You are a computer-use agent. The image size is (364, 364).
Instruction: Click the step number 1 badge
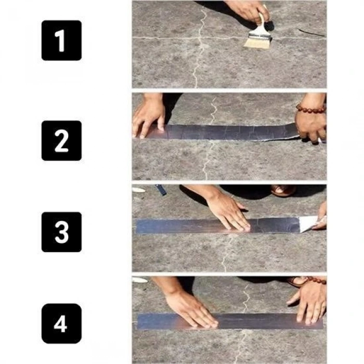(61, 41)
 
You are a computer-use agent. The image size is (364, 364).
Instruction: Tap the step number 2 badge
(61, 140)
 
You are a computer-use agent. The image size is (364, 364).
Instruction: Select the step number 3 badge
(61, 232)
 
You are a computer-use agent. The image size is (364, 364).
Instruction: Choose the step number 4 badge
(61, 323)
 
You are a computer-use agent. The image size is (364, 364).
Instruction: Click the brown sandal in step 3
(283, 190)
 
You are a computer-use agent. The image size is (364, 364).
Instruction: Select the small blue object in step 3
(161, 190)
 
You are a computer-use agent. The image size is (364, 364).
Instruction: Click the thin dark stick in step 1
(312, 32)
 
